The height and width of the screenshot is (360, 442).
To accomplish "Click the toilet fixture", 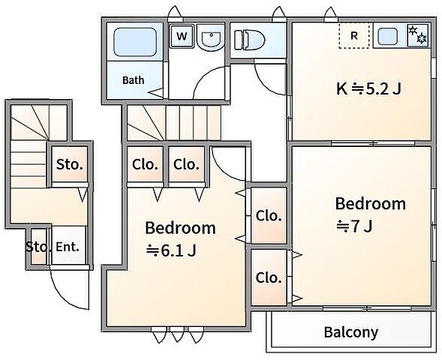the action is point(250,40).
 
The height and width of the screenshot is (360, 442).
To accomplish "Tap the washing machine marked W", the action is point(182,36).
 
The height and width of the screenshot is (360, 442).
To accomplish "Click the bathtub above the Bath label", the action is point(135,42).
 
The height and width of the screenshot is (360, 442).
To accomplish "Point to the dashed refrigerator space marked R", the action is point(354,35).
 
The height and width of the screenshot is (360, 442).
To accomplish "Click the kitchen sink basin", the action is point(387,37).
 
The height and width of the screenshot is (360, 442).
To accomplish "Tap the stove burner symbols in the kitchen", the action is point(418,34).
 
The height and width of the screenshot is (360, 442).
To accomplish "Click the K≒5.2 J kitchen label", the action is point(368,89).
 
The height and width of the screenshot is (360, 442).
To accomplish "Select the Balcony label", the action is point(351,332).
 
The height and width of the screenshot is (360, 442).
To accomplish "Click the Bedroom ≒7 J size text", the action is point(354,226).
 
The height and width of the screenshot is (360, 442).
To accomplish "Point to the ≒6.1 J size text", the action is point(171,250).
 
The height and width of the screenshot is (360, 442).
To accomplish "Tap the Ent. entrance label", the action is point(68,247).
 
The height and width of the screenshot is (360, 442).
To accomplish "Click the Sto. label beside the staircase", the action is point(70,164).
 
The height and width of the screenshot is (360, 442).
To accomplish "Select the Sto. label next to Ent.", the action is point(38,247).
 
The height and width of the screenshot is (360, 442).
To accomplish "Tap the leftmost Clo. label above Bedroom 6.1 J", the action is point(145,164).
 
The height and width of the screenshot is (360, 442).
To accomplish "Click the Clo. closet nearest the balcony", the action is point(269,278).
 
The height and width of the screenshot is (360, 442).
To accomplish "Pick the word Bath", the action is point(134,80).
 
